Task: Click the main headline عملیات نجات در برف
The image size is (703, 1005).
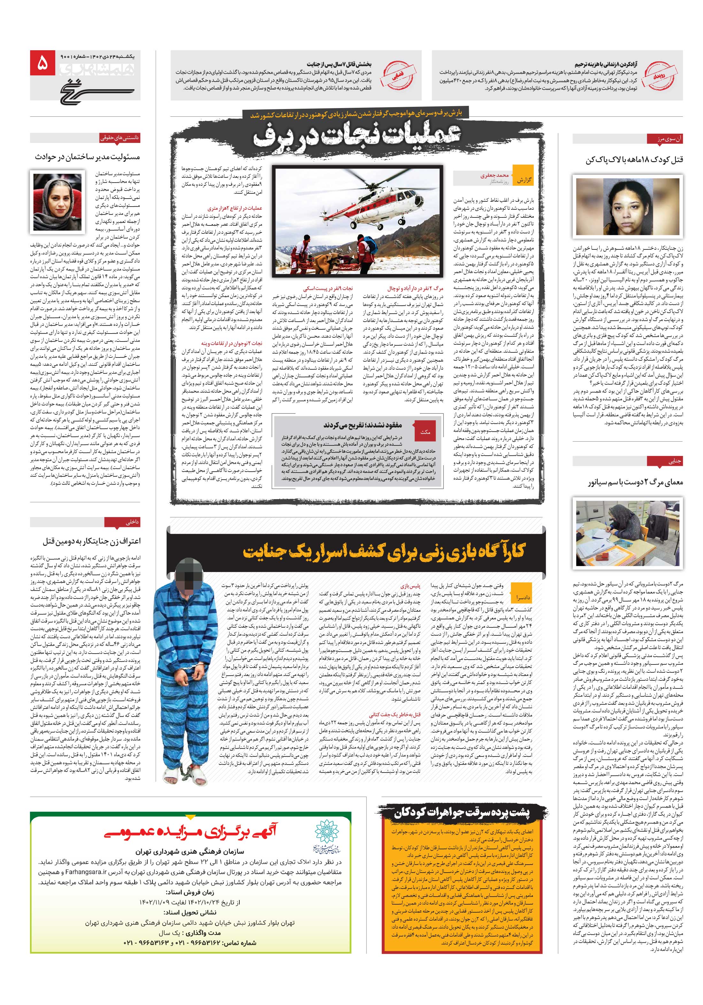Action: pyautogui.click(x=357, y=137)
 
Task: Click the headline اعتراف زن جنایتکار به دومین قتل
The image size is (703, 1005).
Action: pyautogui.click(x=91, y=541)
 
